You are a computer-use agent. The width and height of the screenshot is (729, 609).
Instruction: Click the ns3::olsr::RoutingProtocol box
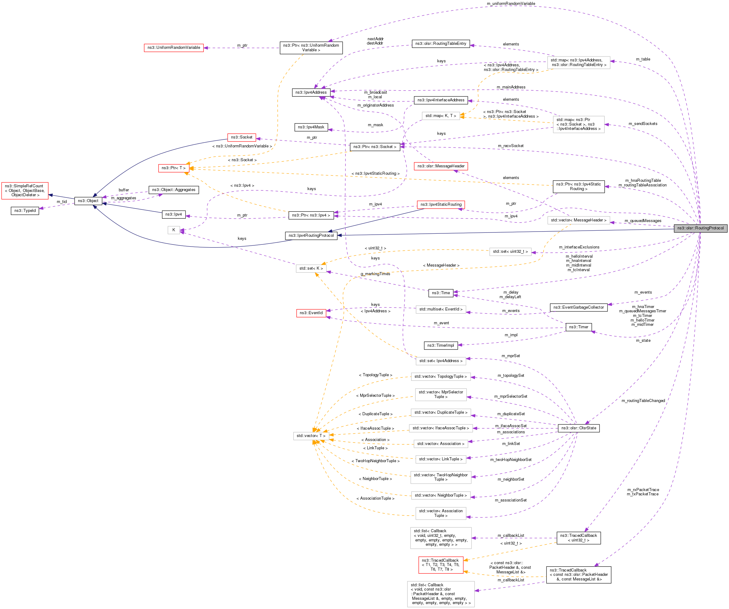tap(700, 228)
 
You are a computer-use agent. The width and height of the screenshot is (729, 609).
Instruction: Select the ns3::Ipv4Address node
tap(311, 92)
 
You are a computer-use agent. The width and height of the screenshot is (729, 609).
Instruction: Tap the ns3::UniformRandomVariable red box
tap(174, 48)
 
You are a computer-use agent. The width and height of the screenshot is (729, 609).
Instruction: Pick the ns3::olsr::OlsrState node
tap(578, 428)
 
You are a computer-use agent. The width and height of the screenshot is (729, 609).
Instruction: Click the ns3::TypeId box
tap(25, 211)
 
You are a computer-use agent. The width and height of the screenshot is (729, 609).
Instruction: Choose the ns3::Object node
tap(88, 201)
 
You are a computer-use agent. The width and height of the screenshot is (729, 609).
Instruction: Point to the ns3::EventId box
tap(311, 313)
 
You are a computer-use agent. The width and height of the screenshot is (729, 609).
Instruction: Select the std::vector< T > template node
tap(311, 436)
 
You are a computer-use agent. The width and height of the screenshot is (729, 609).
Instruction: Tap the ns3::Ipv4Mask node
tap(311, 127)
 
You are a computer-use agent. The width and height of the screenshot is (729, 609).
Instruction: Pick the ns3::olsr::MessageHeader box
tap(441, 166)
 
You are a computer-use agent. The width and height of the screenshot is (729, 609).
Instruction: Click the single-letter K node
tap(174, 230)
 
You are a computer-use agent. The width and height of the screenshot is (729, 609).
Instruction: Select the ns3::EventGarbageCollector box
tap(578, 307)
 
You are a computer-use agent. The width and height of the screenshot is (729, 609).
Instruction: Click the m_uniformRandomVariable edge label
tap(511, 3)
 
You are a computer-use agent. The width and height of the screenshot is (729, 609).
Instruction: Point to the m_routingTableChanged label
tap(643, 400)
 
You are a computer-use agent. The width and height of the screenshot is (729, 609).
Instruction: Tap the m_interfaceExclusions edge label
tap(579, 247)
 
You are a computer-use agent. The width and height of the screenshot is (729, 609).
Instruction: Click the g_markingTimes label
tap(375, 274)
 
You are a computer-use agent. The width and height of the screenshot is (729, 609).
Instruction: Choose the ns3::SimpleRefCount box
tap(25, 191)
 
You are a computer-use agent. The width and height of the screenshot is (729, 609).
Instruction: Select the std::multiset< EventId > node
tap(441, 309)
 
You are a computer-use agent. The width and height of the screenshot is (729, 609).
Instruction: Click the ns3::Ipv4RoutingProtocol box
tap(311, 236)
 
